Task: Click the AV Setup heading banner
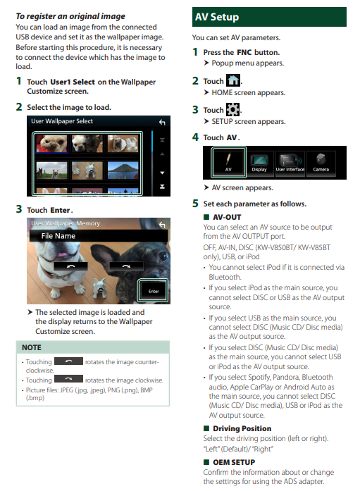pos(269,17)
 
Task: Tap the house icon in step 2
pos(233,80)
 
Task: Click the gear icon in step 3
pos(233,110)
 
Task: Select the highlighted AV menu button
pos(228,162)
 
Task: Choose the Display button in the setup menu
pos(259,163)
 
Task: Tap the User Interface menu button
pos(290,163)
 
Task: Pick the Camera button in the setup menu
pos(321,163)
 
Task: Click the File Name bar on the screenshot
pos(99,236)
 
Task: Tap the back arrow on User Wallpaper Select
pos(162,122)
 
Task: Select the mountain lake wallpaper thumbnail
pos(123,170)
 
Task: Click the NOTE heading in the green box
pos(32,347)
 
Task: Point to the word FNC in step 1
pos(244,52)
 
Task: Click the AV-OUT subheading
pos(227,217)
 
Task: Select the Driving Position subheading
pos(242,428)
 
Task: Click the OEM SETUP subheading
pos(234,462)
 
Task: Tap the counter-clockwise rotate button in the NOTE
pos(68,361)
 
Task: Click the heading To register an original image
pos(70,16)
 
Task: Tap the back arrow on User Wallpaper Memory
pos(162,225)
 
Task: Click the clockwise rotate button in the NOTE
pos(68,379)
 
